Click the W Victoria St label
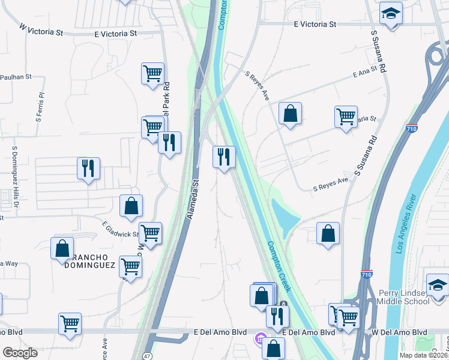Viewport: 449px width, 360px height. click(41, 29)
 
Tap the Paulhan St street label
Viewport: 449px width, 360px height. click(16, 77)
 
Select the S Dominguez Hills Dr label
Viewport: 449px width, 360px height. click(14, 174)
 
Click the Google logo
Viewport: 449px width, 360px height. click(20, 352)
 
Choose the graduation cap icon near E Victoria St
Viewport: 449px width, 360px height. click(391, 14)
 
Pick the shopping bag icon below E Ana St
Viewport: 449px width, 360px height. click(290, 113)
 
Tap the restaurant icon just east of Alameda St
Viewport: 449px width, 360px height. click(224, 157)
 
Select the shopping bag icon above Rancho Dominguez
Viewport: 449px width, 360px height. click(131, 206)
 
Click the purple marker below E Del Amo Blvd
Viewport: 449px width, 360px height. click(259, 340)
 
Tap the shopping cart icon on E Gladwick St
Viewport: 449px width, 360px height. click(150, 233)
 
